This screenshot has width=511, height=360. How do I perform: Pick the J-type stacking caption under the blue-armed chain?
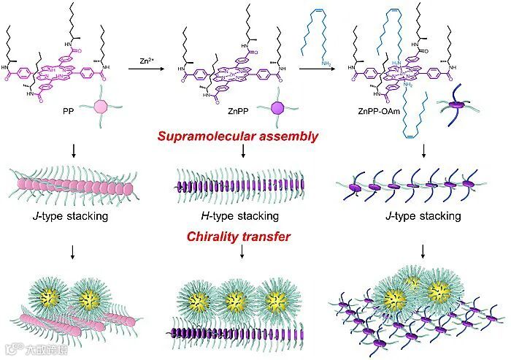point(421,216)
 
